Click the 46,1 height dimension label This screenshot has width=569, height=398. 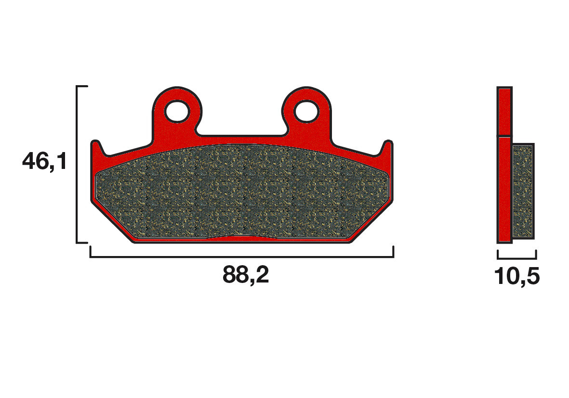coord(44,162)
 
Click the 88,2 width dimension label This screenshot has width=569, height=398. coord(246,275)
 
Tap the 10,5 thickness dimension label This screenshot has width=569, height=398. coord(516,277)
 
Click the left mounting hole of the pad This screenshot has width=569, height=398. coord(177,112)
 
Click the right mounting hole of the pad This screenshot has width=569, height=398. coord(307,112)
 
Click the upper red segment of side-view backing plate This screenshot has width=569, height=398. coord(504,111)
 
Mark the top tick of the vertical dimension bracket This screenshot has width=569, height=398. coord(82,87)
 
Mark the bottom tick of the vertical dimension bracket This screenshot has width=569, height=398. coord(82,242)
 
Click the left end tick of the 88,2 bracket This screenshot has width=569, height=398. coord(91,252)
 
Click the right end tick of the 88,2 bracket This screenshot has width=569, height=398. coord(394,252)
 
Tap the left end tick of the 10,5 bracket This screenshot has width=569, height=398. coord(498,254)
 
